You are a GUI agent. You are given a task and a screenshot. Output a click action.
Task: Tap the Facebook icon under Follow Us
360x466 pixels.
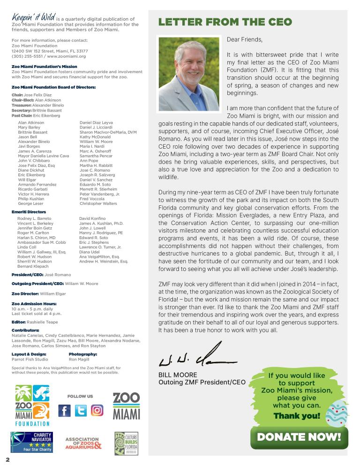click(x=64, y=411)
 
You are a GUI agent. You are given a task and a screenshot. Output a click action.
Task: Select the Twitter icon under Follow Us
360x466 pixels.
click(x=81, y=411)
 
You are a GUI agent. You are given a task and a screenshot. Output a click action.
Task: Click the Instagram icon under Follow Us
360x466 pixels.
click(x=97, y=411)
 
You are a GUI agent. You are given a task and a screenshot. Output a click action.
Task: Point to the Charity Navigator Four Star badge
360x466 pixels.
click(x=31, y=442)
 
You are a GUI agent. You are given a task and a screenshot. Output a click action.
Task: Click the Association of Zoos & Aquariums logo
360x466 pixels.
click(x=83, y=443)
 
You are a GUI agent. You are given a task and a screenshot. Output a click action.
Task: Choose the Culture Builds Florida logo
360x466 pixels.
click(x=126, y=443)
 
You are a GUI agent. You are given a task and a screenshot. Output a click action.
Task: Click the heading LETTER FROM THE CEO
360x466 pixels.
click(x=225, y=22)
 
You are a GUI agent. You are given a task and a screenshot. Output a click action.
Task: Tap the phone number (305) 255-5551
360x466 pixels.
click(x=27, y=56)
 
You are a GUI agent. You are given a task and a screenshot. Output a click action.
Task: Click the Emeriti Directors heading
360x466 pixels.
click(x=29, y=212)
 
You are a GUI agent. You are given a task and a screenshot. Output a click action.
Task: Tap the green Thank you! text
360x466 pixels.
click(x=297, y=416)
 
